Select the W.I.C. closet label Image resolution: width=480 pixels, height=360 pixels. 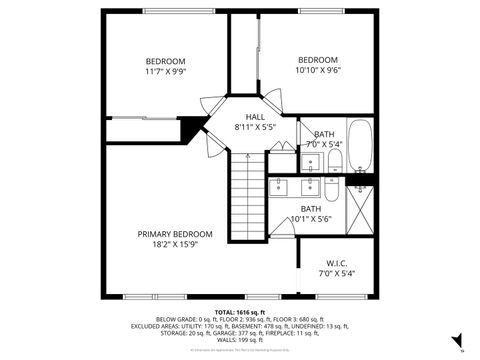tap(335, 263)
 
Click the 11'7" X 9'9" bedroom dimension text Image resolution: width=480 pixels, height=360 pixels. tap(166, 72)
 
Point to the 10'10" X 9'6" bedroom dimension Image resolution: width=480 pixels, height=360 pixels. tap(316, 71)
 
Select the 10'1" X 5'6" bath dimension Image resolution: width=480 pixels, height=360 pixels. tap(311, 219)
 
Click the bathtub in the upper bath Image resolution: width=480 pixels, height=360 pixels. tap(359, 147)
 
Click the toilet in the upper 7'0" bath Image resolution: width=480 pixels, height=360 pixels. tap(334, 161)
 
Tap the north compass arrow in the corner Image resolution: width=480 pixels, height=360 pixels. tap(456, 341)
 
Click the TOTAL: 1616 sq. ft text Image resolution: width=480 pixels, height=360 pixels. tap(239, 312)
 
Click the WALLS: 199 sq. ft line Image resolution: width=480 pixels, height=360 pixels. tap(240, 340)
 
